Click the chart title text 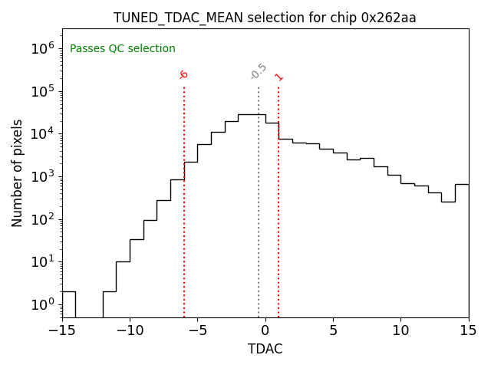pos(265,18)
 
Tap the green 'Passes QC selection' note pos(123,49)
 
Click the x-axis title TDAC pos(265,349)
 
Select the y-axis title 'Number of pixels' pos(18,172)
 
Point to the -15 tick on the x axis pos(62,330)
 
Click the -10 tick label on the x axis pos(130,330)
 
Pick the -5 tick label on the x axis pos(197,330)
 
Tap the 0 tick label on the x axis pos(265,330)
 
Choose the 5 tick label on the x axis pos(333,330)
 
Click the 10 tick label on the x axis pos(400,330)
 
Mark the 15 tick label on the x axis pos(468,330)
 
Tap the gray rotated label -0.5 pos(259,71)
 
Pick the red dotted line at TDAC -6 pos(184,230)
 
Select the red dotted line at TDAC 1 pos(278,230)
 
